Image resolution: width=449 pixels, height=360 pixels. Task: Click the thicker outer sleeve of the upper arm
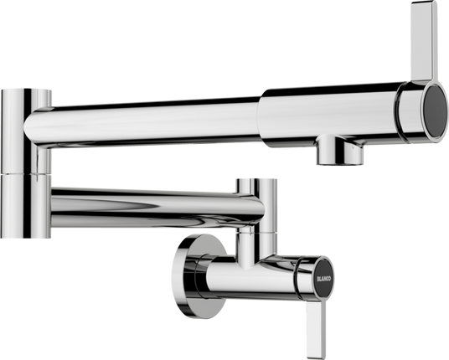tap(331, 113)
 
